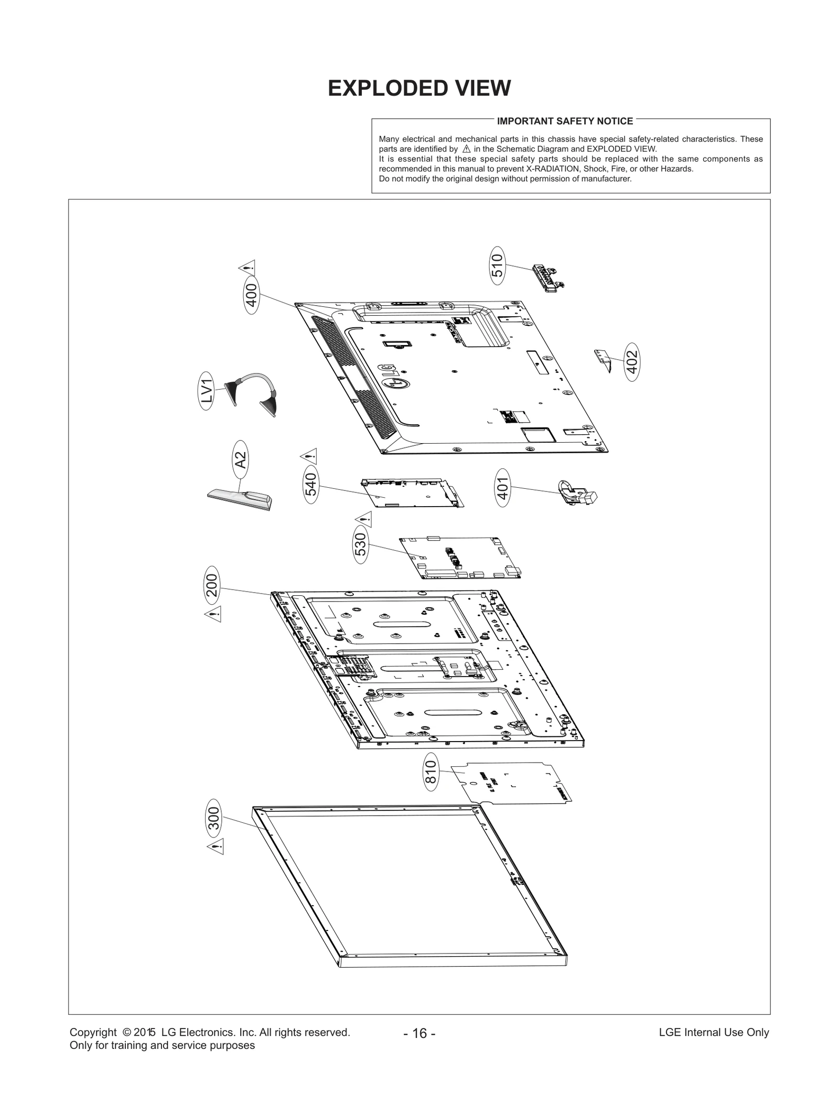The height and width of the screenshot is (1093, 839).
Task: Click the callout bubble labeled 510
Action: click(497, 265)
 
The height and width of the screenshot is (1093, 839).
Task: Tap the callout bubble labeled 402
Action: click(632, 362)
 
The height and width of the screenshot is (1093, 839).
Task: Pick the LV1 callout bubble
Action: click(208, 391)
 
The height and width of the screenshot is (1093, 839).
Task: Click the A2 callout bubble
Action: click(241, 460)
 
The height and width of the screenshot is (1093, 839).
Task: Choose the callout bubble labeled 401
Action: click(503, 488)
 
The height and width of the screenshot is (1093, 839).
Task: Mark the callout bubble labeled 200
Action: click(212, 586)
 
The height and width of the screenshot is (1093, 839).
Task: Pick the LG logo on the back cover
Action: click(394, 378)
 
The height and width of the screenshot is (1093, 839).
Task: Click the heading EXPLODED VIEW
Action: click(419, 88)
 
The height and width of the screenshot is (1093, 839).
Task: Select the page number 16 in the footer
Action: click(419, 1033)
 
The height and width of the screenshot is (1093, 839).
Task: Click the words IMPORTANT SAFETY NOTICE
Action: click(565, 121)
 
